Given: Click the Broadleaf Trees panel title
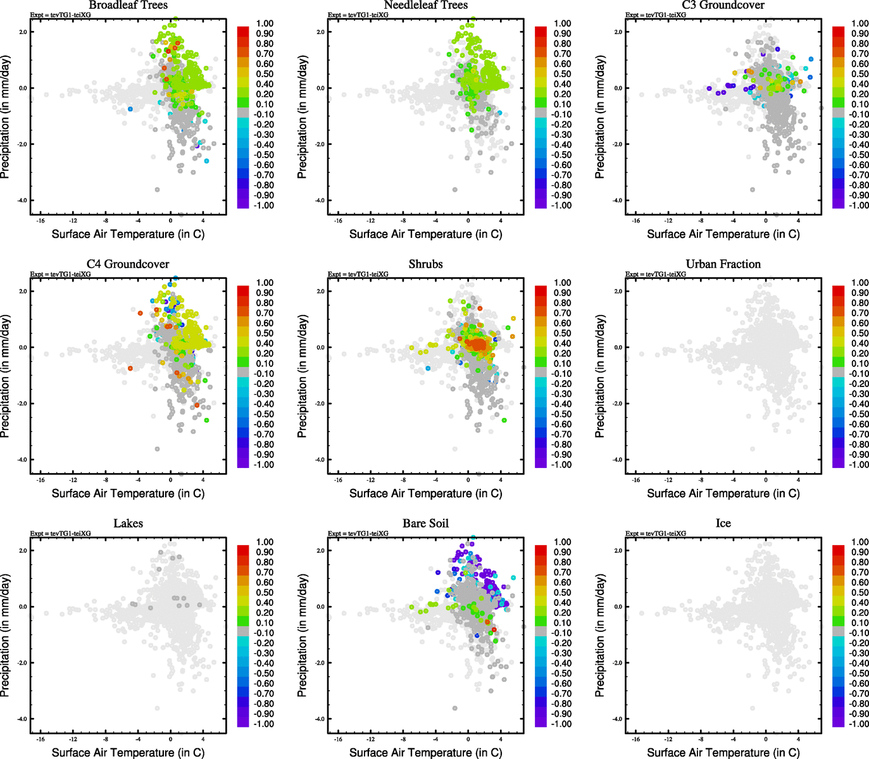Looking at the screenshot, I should click(x=128, y=5).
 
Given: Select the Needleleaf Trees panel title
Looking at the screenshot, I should click(x=425, y=5).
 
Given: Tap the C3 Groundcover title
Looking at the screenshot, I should click(x=723, y=5).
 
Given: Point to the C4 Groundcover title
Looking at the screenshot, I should click(x=128, y=264).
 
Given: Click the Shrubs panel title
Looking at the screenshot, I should click(x=425, y=264).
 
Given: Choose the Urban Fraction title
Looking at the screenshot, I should click(x=723, y=264).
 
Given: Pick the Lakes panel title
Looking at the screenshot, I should click(x=128, y=523).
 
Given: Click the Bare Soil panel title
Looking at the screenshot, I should click(x=425, y=523).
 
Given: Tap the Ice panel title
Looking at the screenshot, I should click(x=723, y=523).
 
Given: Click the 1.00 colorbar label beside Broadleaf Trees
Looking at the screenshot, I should click(x=265, y=23).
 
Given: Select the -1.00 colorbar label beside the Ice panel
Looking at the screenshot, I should click(x=859, y=724).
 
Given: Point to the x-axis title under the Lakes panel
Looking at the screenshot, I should click(x=128, y=752).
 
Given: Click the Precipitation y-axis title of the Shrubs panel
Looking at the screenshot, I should click(x=302, y=376).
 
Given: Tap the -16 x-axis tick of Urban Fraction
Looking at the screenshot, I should click(x=635, y=480).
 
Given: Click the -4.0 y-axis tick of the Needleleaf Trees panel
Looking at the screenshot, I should click(x=320, y=201).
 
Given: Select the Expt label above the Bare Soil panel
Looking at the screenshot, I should click(x=358, y=533).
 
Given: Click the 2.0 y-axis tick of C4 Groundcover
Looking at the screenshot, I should click(x=23, y=291).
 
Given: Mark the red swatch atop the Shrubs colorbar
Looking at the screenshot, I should click(x=541, y=290).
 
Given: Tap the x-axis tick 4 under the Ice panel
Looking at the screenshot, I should click(x=798, y=739).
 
